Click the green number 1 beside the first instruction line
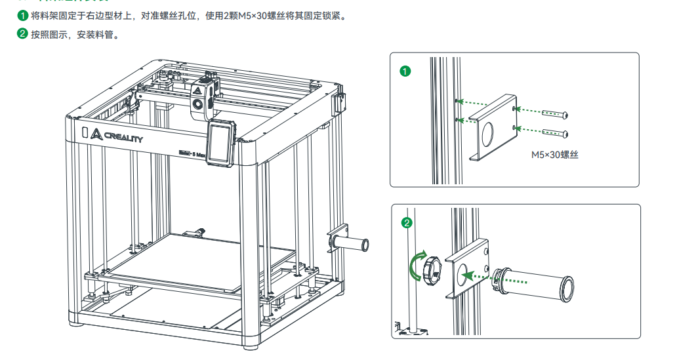click(x=23, y=16)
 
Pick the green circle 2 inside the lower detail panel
click(x=407, y=223)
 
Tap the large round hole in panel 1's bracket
click(x=489, y=136)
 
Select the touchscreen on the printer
click(x=220, y=143)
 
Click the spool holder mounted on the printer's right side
click(x=352, y=243)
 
